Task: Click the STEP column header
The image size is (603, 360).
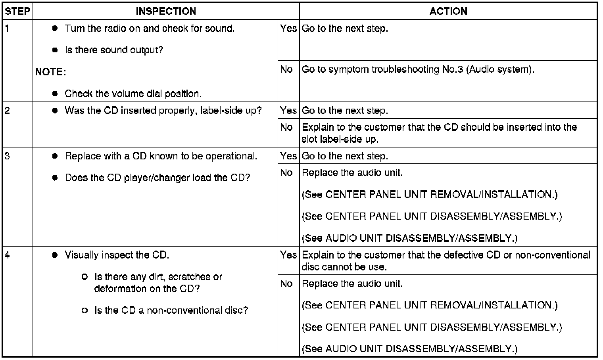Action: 17,11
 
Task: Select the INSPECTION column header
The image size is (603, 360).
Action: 166,11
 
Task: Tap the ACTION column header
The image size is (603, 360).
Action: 448,11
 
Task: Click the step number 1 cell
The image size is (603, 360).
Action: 8,29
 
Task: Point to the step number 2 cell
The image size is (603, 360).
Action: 8,111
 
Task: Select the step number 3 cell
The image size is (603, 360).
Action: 8,156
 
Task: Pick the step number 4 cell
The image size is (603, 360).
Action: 8,255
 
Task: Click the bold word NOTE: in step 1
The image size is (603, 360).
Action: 51,72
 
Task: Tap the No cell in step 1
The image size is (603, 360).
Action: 286,69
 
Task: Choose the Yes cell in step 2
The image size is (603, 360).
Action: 288,111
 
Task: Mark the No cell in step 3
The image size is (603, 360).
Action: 286,173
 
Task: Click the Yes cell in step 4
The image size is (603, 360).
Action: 288,255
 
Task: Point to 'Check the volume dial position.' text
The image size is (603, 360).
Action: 133,94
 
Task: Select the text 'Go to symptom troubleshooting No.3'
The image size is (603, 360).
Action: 382,69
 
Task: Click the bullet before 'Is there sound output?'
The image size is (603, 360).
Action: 55,50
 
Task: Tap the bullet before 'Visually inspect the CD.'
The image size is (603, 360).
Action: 55,255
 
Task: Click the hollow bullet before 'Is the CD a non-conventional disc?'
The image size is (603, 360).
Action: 84,310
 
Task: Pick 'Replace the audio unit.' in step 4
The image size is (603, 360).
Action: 352,284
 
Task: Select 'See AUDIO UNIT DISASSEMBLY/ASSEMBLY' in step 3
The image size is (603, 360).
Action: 409,238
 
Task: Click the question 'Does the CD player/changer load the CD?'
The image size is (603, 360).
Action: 157,178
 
